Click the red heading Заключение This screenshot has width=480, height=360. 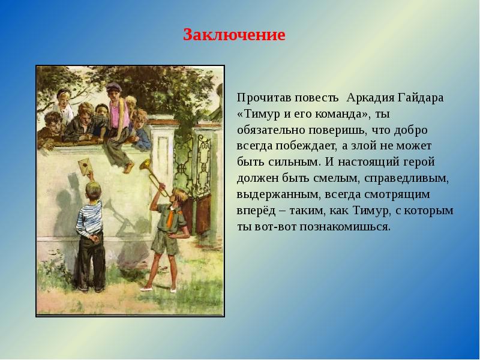point(234,35)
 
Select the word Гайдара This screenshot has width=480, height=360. point(421,98)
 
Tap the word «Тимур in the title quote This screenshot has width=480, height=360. point(259,114)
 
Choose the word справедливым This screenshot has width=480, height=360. point(407,178)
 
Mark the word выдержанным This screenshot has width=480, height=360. point(278,194)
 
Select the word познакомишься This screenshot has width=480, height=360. point(345,227)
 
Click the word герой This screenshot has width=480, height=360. point(419,162)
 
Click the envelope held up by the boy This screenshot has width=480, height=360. point(86,166)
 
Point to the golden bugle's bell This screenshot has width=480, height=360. point(145,164)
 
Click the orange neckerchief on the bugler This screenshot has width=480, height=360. point(171,217)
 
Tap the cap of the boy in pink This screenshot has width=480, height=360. point(113,87)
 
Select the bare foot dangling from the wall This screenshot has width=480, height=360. point(129,167)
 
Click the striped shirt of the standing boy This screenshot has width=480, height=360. point(89,218)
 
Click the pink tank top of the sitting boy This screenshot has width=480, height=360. point(119,114)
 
